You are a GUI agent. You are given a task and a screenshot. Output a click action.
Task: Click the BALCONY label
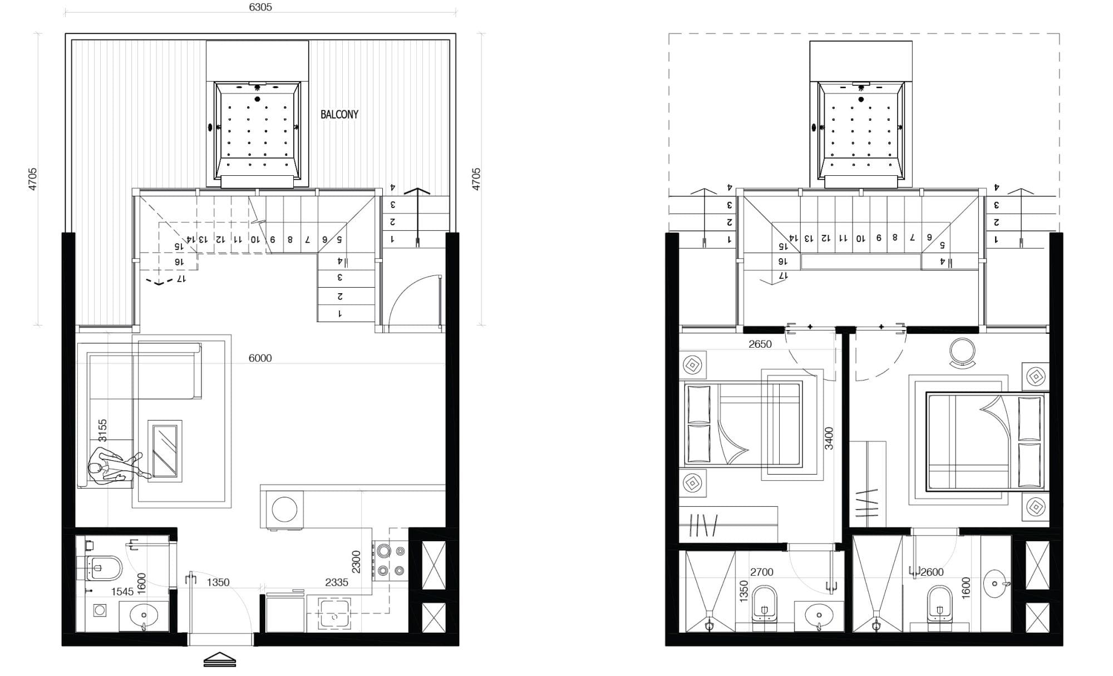[339, 115]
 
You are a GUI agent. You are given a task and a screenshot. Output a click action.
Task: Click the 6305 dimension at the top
[260, 7]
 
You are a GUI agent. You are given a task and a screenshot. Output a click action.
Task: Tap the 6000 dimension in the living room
[260, 358]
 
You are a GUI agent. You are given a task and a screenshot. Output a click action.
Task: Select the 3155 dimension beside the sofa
[102, 431]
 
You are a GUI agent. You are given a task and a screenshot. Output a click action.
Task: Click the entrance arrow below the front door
[220, 659]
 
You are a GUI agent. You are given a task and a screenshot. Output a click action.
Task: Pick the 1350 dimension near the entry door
[218, 583]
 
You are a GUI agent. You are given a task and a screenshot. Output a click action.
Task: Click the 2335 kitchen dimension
[337, 583]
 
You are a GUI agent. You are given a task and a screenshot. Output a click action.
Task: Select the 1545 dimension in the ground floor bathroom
[122, 592]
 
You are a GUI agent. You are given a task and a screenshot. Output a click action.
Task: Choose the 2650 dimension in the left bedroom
[760, 344]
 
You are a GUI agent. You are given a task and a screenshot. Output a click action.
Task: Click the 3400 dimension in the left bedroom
[829, 438]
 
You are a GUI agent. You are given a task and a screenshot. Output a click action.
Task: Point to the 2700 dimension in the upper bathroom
[762, 572]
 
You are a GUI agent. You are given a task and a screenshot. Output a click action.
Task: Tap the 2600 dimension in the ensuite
[932, 572]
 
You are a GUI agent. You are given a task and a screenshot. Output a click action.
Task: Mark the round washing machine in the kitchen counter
[284, 509]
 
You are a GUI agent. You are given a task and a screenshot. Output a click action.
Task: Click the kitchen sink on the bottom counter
[333, 614]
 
